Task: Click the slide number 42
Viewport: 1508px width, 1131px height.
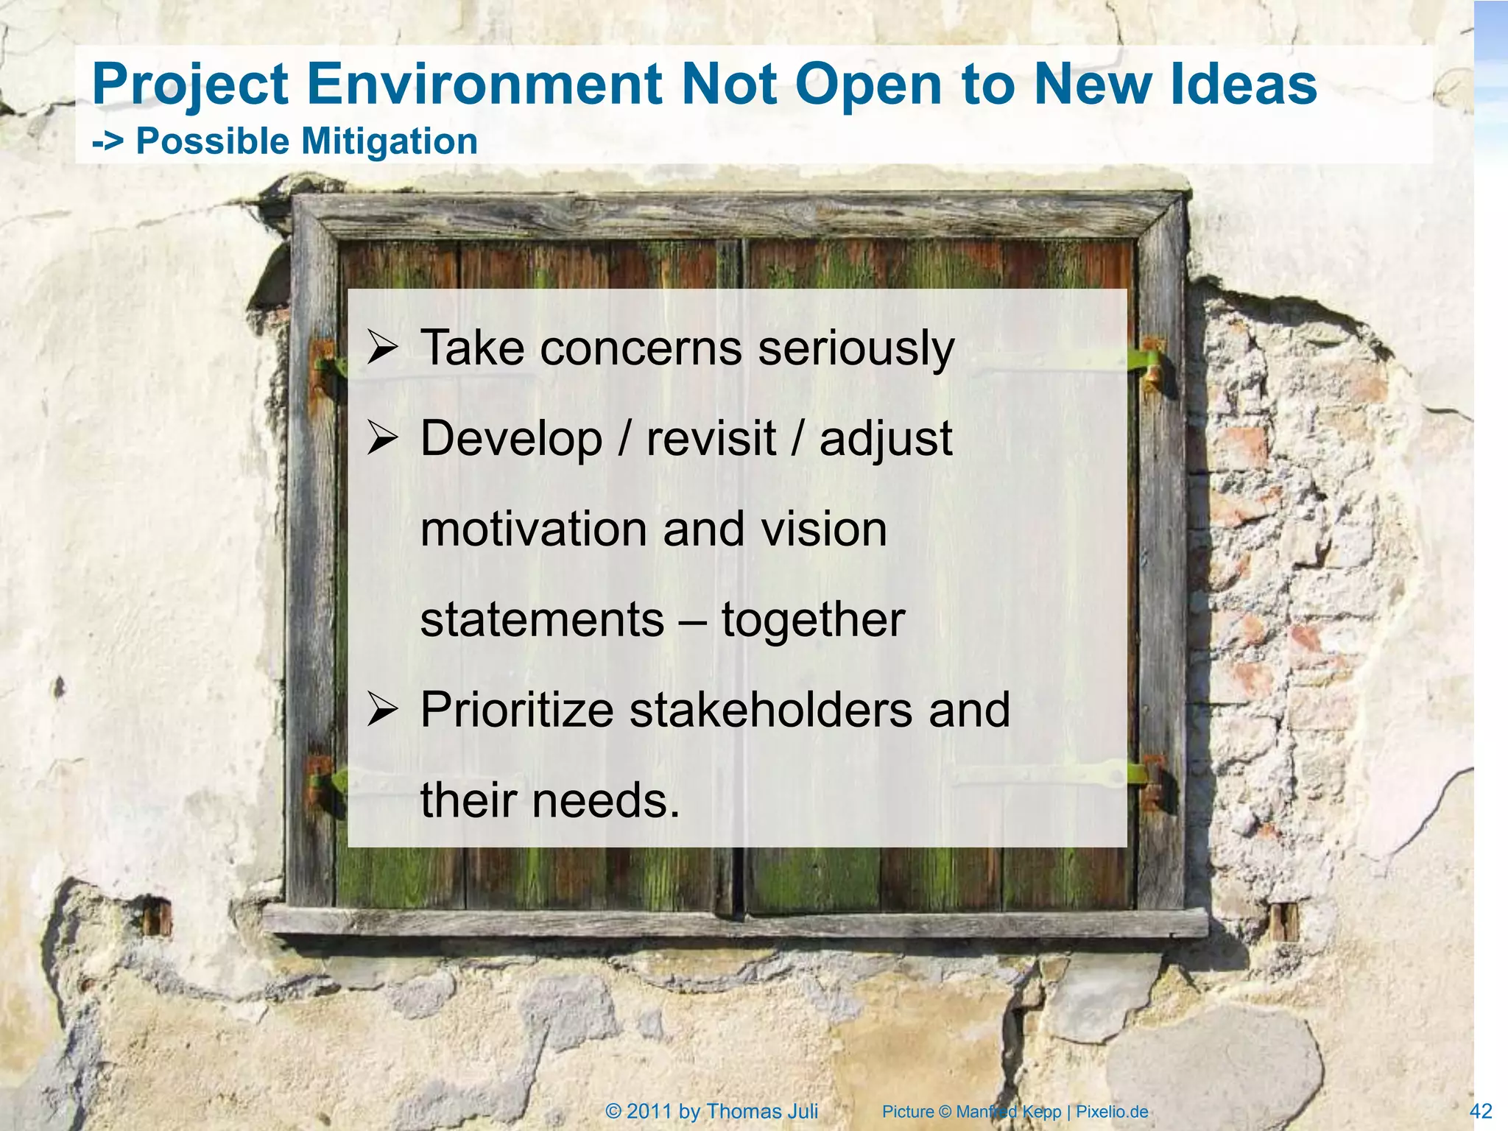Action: (1481, 1111)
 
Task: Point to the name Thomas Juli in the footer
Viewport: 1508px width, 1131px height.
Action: (762, 1111)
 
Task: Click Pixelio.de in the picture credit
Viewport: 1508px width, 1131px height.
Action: (1112, 1112)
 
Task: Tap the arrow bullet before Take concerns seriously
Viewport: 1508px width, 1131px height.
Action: (382, 348)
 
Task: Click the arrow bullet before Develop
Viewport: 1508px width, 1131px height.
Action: (382, 439)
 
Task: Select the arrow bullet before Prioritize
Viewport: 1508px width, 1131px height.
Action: (382, 711)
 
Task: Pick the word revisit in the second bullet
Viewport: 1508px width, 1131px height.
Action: (711, 439)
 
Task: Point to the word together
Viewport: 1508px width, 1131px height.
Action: (813, 620)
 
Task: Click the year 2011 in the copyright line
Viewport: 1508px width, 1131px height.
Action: (649, 1111)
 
